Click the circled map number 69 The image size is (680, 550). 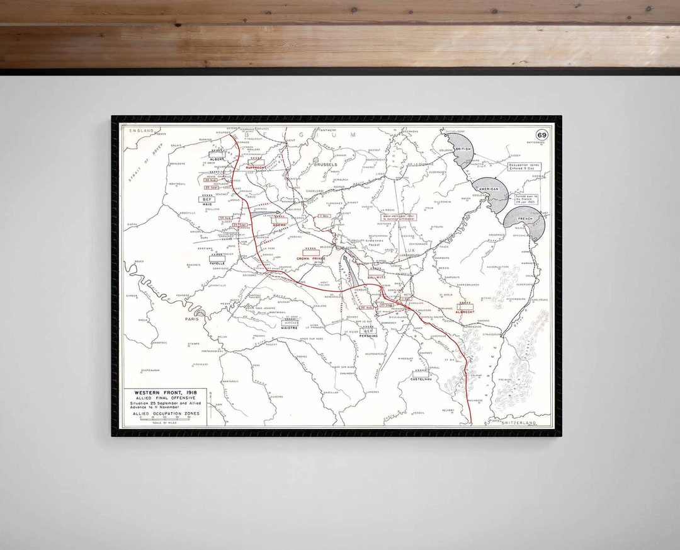(x=541, y=135)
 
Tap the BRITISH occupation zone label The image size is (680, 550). (x=463, y=149)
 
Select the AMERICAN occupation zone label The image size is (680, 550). (x=490, y=189)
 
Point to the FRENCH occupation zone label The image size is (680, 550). (x=524, y=219)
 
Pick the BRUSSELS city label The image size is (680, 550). (x=325, y=164)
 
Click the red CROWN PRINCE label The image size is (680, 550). (x=310, y=258)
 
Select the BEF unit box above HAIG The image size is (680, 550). (x=208, y=199)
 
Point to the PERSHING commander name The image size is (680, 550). (x=368, y=336)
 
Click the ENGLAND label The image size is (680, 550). (x=141, y=130)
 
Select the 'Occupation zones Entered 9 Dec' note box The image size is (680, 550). (x=524, y=168)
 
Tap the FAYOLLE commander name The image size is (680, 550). (x=217, y=262)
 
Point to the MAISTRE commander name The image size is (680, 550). (x=290, y=328)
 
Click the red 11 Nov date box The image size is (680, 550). (x=324, y=216)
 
